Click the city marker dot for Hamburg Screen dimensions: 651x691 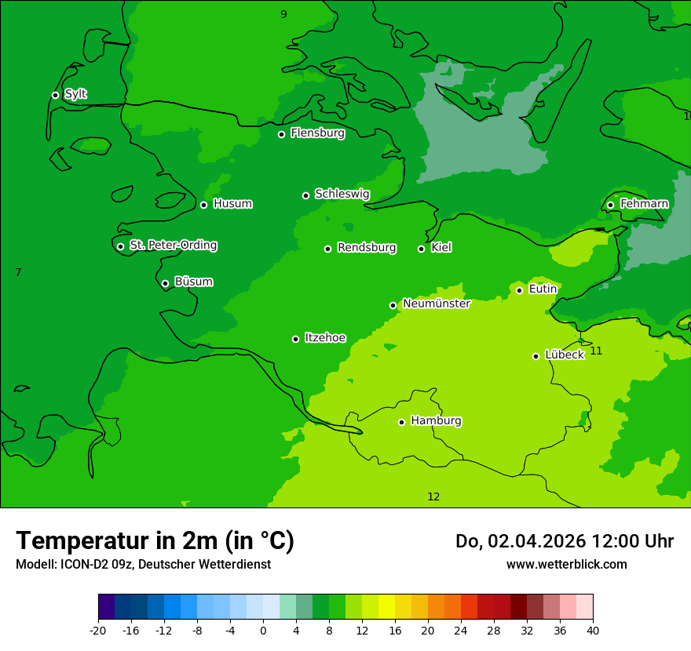click(401, 422)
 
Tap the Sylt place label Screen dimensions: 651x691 click(75, 94)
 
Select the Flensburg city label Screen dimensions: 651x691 click(317, 133)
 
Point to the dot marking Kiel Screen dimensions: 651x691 click(421, 249)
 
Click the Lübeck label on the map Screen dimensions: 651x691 click(564, 355)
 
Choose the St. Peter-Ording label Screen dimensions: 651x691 click(173, 245)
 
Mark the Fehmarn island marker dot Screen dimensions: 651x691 click(610, 205)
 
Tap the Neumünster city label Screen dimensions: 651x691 click(436, 304)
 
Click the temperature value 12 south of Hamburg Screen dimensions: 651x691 click(433, 496)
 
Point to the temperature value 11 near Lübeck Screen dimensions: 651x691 click(596, 351)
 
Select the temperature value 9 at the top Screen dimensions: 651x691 click(283, 14)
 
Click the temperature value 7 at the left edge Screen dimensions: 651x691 click(18, 272)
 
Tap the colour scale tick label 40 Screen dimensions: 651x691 click(592, 630)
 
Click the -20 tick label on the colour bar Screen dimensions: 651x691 click(98, 630)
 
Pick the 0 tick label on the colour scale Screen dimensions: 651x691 click(263, 630)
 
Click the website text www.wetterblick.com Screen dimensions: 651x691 click(566, 564)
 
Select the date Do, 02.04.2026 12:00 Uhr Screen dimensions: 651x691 click(564, 541)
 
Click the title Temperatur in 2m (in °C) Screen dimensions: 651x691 click(155, 540)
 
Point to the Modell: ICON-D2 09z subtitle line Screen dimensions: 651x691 click(143, 564)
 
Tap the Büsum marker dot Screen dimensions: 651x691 click(165, 283)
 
